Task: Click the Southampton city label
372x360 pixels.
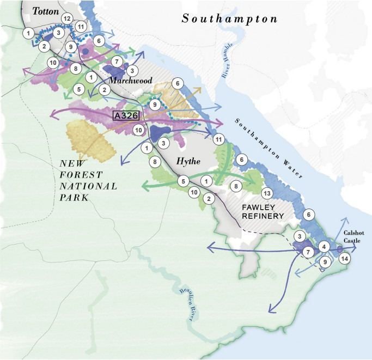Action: [x=229, y=19]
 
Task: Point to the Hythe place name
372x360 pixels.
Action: [x=190, y=162]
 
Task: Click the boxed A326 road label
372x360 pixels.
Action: [x=126, y=115]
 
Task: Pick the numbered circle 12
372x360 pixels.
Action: [x=68, y=19]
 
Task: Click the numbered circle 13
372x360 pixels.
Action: [x=266, y=193]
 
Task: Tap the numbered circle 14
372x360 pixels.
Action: [x=344, y=259]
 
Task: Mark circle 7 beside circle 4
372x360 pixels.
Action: [x=308, y=252]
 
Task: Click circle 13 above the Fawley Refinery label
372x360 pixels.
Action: [x=266, y=193]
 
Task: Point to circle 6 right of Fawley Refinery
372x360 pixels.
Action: [x=309, y=215]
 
